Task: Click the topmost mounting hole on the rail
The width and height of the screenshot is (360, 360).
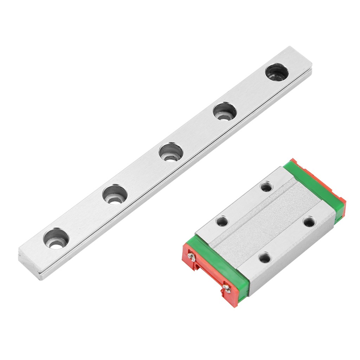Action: [277, 72]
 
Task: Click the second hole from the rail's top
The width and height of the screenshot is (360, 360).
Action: [225, 111]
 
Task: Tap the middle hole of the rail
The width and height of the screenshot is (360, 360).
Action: [171, 152]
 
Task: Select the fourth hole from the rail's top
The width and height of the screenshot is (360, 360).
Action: [115, 194]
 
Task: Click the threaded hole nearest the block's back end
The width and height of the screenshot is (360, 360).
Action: [266, 186]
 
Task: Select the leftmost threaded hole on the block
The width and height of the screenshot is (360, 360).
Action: [222, 221]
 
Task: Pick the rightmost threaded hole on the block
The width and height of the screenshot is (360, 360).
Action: [309, 222]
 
